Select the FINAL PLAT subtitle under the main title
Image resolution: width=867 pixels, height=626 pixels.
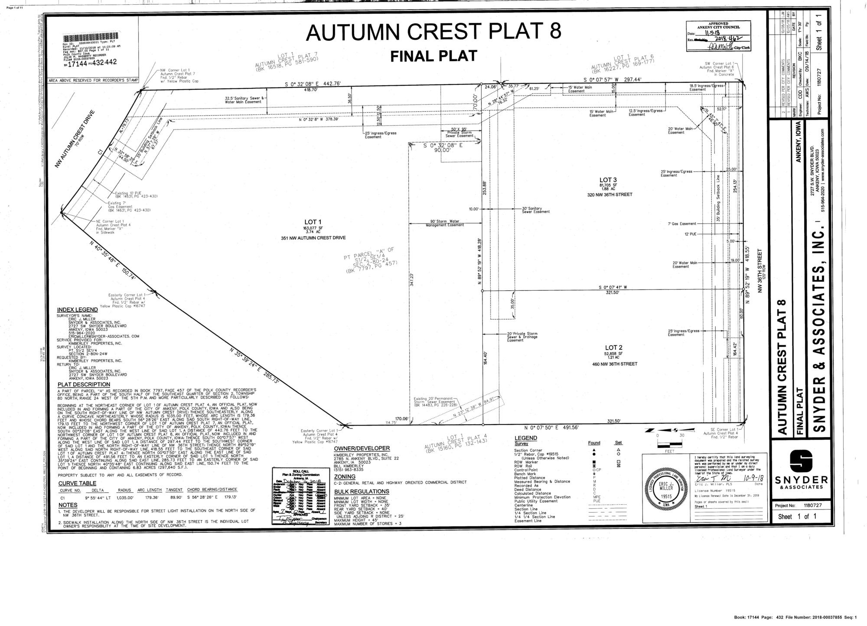coord(433,56)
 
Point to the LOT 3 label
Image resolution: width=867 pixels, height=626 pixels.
coord(608,180)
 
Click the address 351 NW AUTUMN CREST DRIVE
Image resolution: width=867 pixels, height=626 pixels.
coord(313,238)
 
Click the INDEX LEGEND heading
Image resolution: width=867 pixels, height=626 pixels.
coord(78,310)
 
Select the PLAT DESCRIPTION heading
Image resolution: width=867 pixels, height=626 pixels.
coord(84,384)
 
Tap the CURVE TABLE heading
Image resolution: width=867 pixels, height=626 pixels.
coord(78,483)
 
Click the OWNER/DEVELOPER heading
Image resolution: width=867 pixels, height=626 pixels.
coord(362,448)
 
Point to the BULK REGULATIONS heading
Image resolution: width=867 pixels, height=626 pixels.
coord(362,492)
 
